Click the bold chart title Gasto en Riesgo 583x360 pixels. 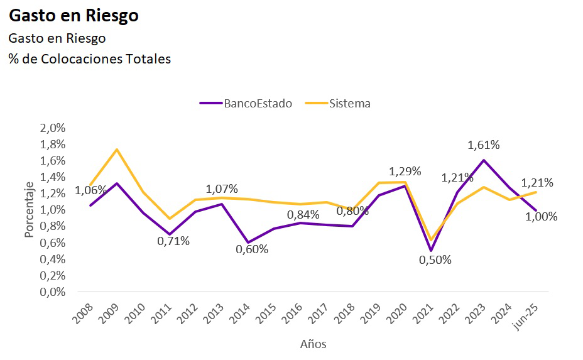(x=74, y=16)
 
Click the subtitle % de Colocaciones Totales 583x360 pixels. (x=89, y=59)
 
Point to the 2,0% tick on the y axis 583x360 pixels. (x=53, y=128)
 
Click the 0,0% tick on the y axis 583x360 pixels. (x=53, y=292)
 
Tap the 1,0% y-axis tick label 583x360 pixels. (x=53, y=210)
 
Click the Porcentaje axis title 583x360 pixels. (x=29, y=210)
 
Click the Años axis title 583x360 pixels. (x=313, y=344)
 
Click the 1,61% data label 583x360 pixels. (x=483, y=145)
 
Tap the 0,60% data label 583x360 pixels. (x=252, y=249)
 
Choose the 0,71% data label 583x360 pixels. (x=173, y=241)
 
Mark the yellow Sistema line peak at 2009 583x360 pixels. (x=117, y=150)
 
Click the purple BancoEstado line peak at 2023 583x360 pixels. (x=484, y=160)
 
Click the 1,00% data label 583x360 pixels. (x=541, y=217)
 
